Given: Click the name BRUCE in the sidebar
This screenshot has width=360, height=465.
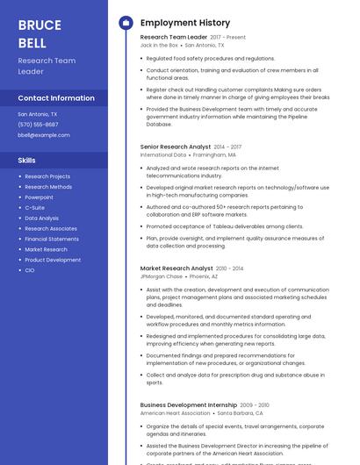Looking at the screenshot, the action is tap(39, 25).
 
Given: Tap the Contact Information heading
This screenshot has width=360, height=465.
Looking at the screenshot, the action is tap(56, 98).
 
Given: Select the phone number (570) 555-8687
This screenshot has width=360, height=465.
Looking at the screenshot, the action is tap(38, 125).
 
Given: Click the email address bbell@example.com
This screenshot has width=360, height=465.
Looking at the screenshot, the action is tap(44, 135).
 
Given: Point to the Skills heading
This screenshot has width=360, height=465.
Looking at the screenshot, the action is tap(27, 161).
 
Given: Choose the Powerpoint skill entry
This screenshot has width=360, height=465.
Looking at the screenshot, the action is tap(39, 197).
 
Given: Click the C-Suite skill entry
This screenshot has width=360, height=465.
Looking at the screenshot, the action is tap(34, 208).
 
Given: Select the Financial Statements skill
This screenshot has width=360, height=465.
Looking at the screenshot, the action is tap(52, 239).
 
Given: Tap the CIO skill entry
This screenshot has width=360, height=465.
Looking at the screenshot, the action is tap(30, 270).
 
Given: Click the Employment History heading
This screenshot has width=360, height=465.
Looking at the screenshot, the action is tap(185, 23).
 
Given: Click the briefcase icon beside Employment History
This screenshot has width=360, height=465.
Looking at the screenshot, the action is tap(126, 23).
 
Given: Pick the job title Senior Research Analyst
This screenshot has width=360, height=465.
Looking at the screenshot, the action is tap(176, 147).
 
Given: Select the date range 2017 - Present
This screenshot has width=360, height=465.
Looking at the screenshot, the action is tap(228, 38).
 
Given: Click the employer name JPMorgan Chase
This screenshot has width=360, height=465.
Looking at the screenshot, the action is tap(162, 276).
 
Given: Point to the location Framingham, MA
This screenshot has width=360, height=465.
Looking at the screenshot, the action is tap(214, 154).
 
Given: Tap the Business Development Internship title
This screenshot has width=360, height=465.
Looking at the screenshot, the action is tap(189, 404).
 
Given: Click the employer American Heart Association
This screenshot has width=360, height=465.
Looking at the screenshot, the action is tap(176, 412).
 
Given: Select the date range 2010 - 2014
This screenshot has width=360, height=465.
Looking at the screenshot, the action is tap(230, 268).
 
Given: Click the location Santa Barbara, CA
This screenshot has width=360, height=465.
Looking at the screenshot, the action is tap(241, 412).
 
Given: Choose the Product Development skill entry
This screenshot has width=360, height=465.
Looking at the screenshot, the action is tap(53, 260).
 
